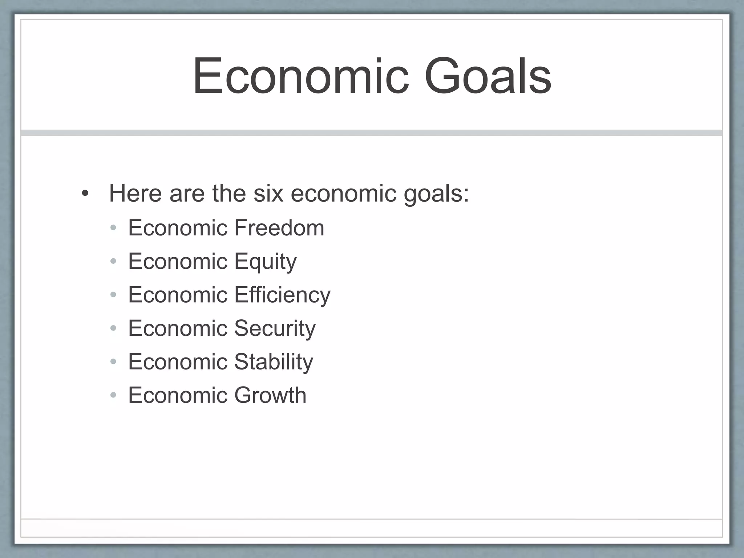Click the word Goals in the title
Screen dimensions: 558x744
click(488, 76)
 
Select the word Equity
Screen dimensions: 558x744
click(265, 262)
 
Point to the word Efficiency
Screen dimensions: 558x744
click(282, 295)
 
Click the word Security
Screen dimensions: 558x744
click(275, 328)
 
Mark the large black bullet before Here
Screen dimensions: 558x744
click(85, 194)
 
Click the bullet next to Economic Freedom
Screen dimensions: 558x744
click(113, 228)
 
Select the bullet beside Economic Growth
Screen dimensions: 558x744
click(113, 395)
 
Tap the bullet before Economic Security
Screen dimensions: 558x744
click(113, 328)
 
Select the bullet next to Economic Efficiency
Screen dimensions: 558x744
click(113, 295)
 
